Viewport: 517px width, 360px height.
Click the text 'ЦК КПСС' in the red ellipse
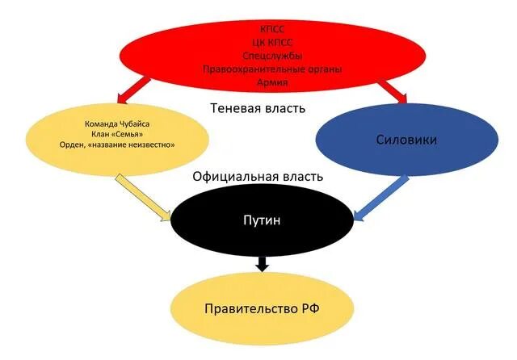pyautogui.click(x=272, y=42)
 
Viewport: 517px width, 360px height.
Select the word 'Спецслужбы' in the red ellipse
pyautogui.click(x=272, y=56)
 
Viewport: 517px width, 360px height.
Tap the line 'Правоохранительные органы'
pyautogui.click(x=272, y=69)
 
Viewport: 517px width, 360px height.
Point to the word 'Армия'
pyautogui.click(x=272, y=82)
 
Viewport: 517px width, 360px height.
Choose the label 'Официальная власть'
pyautogui.click(x=258, y=177)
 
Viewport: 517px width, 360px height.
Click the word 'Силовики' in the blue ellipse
pyautogui.click(x=406, y=140)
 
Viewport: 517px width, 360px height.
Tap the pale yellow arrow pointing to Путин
pyautogui.click(x=145, y=198)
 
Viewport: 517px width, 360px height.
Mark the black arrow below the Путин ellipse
pyautogui.click(x=260, y=262)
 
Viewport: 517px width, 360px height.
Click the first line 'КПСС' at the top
pyautogui.click(x=272, y=28)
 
